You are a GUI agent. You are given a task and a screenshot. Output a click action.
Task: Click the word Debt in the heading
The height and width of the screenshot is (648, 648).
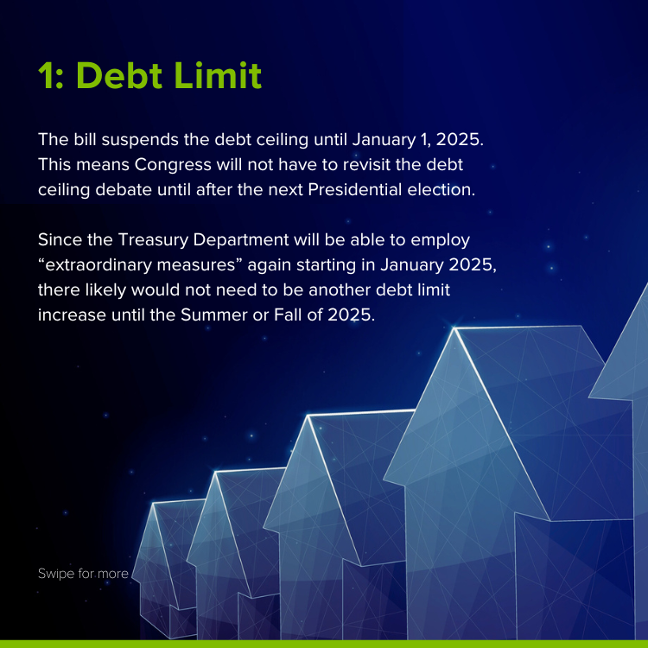click(x=119, y=75)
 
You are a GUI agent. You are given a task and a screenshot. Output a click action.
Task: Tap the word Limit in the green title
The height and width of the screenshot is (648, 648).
click(x=219, y=75)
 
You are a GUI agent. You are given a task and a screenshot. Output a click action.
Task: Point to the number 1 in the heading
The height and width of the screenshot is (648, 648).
click(x=46, y=75)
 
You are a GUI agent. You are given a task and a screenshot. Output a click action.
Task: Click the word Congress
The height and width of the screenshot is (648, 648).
click(x=173, y=165)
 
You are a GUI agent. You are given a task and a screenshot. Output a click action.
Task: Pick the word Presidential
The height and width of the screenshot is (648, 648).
click(x=355, y=190)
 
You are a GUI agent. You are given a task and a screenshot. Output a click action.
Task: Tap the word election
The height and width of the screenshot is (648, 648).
click(x=442, y=190)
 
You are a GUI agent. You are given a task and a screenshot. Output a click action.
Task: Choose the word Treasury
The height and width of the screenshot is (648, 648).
click(x=153, y=240)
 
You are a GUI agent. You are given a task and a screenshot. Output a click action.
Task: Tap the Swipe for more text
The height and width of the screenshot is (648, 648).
click(x=83, y=574)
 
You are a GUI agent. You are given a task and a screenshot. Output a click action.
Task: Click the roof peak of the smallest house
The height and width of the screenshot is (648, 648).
click(x=153, y=503)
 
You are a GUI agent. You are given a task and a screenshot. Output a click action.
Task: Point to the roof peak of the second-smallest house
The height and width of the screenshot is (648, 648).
click(x=215, y=471)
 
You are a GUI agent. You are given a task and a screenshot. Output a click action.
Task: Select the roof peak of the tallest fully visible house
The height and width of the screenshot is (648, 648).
click(x=454, y=328)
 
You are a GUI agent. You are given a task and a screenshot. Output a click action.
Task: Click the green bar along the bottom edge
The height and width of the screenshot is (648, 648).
click(x=324, y=645)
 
